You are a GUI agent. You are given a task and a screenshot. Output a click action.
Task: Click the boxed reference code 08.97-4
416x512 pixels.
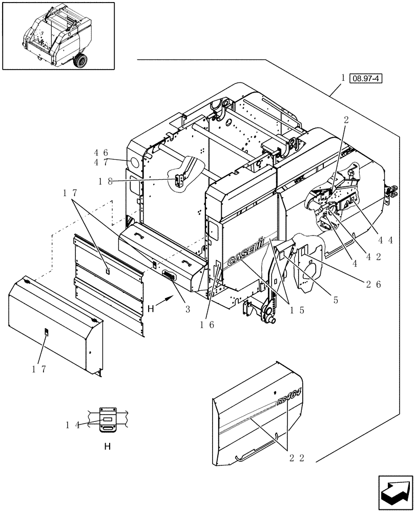point(366,78)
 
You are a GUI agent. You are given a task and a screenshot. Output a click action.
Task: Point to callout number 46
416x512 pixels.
point(100,153)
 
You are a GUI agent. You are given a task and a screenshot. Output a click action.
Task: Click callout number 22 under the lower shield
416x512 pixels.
point(298,458)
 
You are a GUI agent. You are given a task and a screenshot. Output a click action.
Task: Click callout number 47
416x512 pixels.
point(100,162)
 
